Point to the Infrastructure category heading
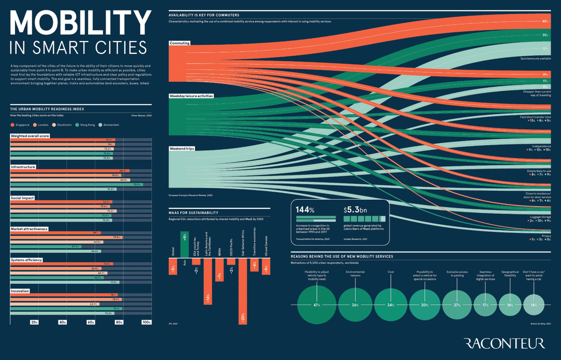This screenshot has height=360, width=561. pyautogui.click(x=23, y=167)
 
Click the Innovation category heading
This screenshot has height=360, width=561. pyautogui.click(x=20, y=291)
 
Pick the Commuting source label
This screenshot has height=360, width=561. pyautogui.click(x=180, y=43)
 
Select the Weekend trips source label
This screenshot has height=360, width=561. pyautogui.click(x=182, y=149)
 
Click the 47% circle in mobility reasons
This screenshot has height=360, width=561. pyautogui.click(x=316, y=305)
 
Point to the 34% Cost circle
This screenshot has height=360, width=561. pyautogui.click(x=391, y=305)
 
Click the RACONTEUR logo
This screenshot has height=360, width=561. pyautogui.click(x=504, y=344)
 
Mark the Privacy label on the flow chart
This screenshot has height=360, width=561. pyautogui.click(x=546, y=236)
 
